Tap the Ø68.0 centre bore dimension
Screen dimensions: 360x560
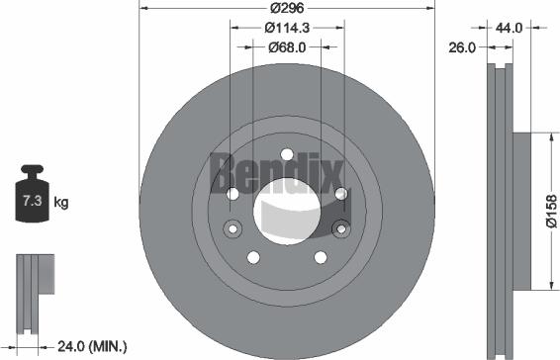coord(287,45)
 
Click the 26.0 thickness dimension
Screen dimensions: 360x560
coord(461,45)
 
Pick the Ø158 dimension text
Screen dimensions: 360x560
coord(551,211)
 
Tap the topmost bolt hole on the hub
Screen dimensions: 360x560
coord(287,153)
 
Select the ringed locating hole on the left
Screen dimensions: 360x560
coord(233,229)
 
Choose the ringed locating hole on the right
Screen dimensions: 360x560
coord(341,229)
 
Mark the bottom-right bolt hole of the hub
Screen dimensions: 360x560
coord(321,257)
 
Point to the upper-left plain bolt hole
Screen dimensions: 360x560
coord(233,193)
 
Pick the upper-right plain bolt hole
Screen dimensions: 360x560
coord(339,193)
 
